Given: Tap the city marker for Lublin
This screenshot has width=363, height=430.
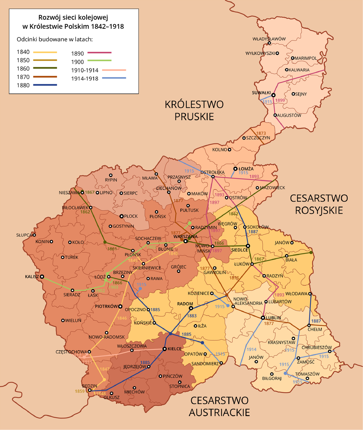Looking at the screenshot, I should pos(262,318).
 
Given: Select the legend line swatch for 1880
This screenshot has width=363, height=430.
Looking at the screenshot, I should pos(45,85).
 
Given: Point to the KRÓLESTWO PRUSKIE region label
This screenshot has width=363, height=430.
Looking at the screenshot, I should pos(194,110).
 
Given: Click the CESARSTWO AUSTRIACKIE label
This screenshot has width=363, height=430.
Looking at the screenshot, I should pos(219,406).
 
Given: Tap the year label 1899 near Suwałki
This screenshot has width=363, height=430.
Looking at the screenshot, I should pos(280,101).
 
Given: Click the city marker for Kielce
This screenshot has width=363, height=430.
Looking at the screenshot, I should pos(164,349).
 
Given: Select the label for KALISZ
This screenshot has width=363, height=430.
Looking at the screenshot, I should pos(32,276).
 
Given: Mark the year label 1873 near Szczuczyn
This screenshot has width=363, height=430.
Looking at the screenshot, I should pos(261,133).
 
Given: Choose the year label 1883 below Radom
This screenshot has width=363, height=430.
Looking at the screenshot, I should pos(192,315).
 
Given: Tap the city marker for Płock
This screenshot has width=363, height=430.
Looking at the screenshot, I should pos(121,217).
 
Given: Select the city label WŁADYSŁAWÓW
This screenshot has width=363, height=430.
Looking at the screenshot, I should pos(269,39).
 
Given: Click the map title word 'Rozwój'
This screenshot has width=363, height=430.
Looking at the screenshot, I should pos(49,18).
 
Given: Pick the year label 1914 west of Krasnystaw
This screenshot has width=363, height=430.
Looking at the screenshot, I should pos(251,349).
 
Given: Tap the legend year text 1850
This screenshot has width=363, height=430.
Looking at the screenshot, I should pos(23,61).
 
